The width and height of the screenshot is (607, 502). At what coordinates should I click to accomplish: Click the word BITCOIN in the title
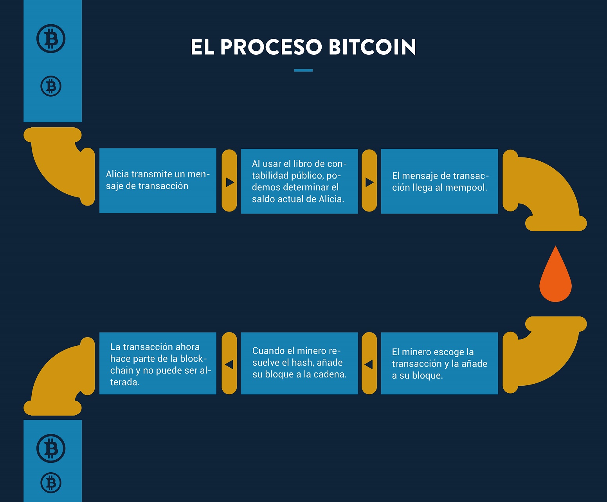(x=372, y=47)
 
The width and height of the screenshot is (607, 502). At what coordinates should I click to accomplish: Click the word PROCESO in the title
(x=271, y=47)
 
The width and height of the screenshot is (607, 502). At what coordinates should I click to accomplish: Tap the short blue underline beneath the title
(x=303, y=70)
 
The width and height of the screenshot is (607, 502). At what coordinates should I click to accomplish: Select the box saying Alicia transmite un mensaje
(x=158, y=181)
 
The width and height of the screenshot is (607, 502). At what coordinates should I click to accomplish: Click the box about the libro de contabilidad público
(x=299, y=181)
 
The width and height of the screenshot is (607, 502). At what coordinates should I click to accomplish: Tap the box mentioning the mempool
(x=439, y=181)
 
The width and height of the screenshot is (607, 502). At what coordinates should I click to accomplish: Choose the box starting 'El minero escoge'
(x=439, y=363)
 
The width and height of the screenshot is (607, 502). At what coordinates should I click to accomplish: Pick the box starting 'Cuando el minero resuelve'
(x=299, y=363)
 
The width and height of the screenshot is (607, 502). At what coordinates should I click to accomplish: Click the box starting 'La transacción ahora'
(x=158, y=363)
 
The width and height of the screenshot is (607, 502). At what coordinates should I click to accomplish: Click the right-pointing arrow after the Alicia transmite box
(x=230, y=182)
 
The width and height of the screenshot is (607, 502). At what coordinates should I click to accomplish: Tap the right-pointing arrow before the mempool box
(x=369, y=182)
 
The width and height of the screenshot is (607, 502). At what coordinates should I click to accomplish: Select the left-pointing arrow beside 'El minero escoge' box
(x=369, y=364)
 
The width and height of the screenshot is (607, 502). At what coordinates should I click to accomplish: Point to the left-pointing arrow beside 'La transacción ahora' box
(x=229, y=364)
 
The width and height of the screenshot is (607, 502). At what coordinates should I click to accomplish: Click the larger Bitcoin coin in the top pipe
(x=51, y=39)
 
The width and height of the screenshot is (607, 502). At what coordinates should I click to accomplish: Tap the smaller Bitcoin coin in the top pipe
(x=51, y=86)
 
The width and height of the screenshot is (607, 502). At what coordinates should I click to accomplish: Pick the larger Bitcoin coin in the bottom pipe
(x=51, y=448)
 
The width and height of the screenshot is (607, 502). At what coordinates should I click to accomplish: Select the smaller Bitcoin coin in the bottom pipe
(x=51, y=482)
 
